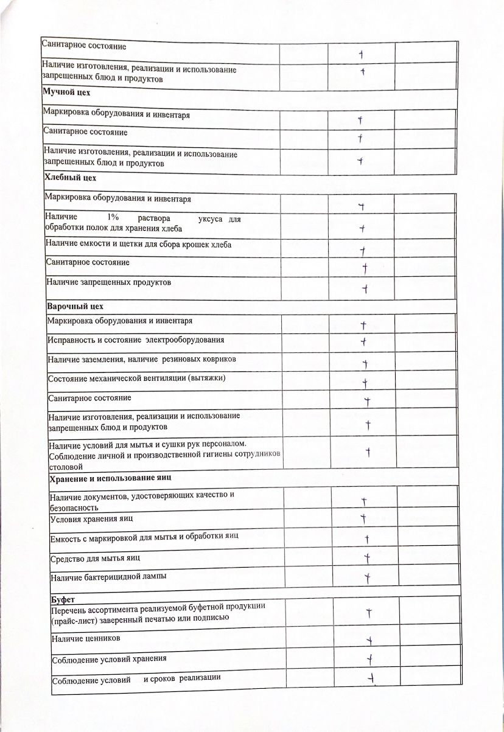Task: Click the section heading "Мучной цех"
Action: (x=66, y=91)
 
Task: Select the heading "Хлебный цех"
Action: (x=71, y=178)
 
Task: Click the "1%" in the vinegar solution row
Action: (x=113, y=217)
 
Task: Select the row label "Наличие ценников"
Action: (x=86, y=638)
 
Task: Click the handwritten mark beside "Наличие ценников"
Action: (x=368, y=640)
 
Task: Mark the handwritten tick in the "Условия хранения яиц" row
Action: (x=363, y=519)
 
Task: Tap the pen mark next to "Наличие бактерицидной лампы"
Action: (x=367, y=577)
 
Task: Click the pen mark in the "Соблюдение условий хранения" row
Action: (x=369, y=658)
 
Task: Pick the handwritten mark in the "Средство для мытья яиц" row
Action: (x=367, y=557)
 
